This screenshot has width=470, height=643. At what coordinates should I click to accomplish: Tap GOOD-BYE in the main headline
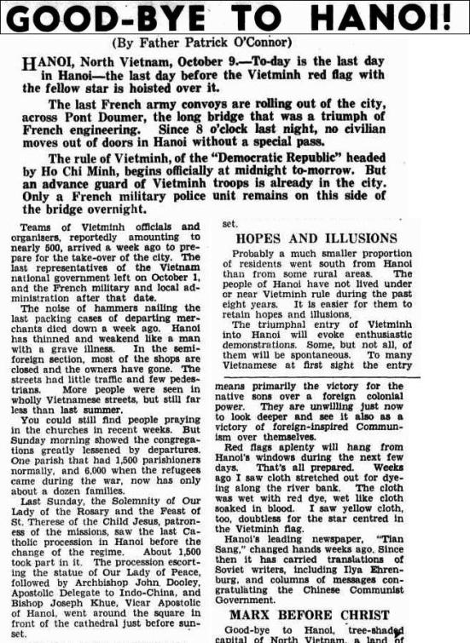(x=103, y=16)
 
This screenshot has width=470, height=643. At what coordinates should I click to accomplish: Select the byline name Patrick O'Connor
(x=242, y=42)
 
